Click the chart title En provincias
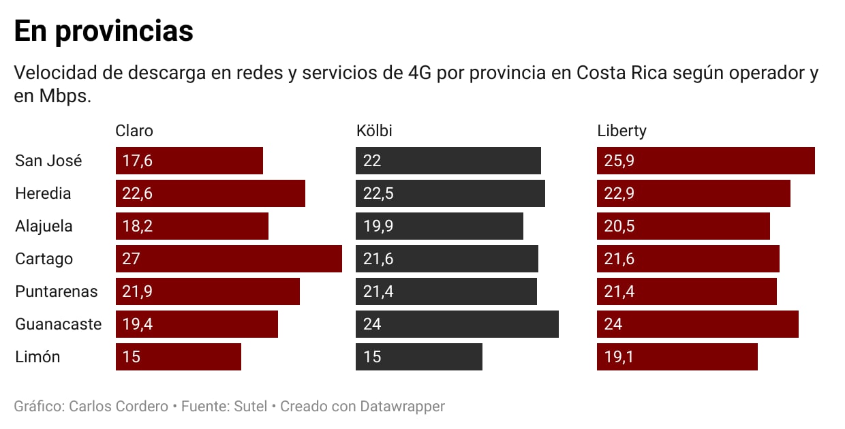click(104, 32)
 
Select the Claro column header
click(134, 131)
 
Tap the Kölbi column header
click(374, 131)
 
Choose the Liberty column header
click(621, 131)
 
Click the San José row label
click(48, 161)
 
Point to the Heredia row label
click(43, 193)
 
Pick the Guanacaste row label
click(58, 324)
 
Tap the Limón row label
click(37, 357)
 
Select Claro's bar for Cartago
click(228, 259)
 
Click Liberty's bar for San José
click(705, 161)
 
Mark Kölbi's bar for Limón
click(418, 357)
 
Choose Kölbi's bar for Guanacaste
click(457, 324)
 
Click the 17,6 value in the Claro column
click(137, 161)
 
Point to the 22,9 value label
click(619, 194)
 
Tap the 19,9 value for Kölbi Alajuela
click(378, 227)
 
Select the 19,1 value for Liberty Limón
click(619, 357)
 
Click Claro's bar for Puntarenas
click(208, 291)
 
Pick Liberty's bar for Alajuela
click(683, 226)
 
